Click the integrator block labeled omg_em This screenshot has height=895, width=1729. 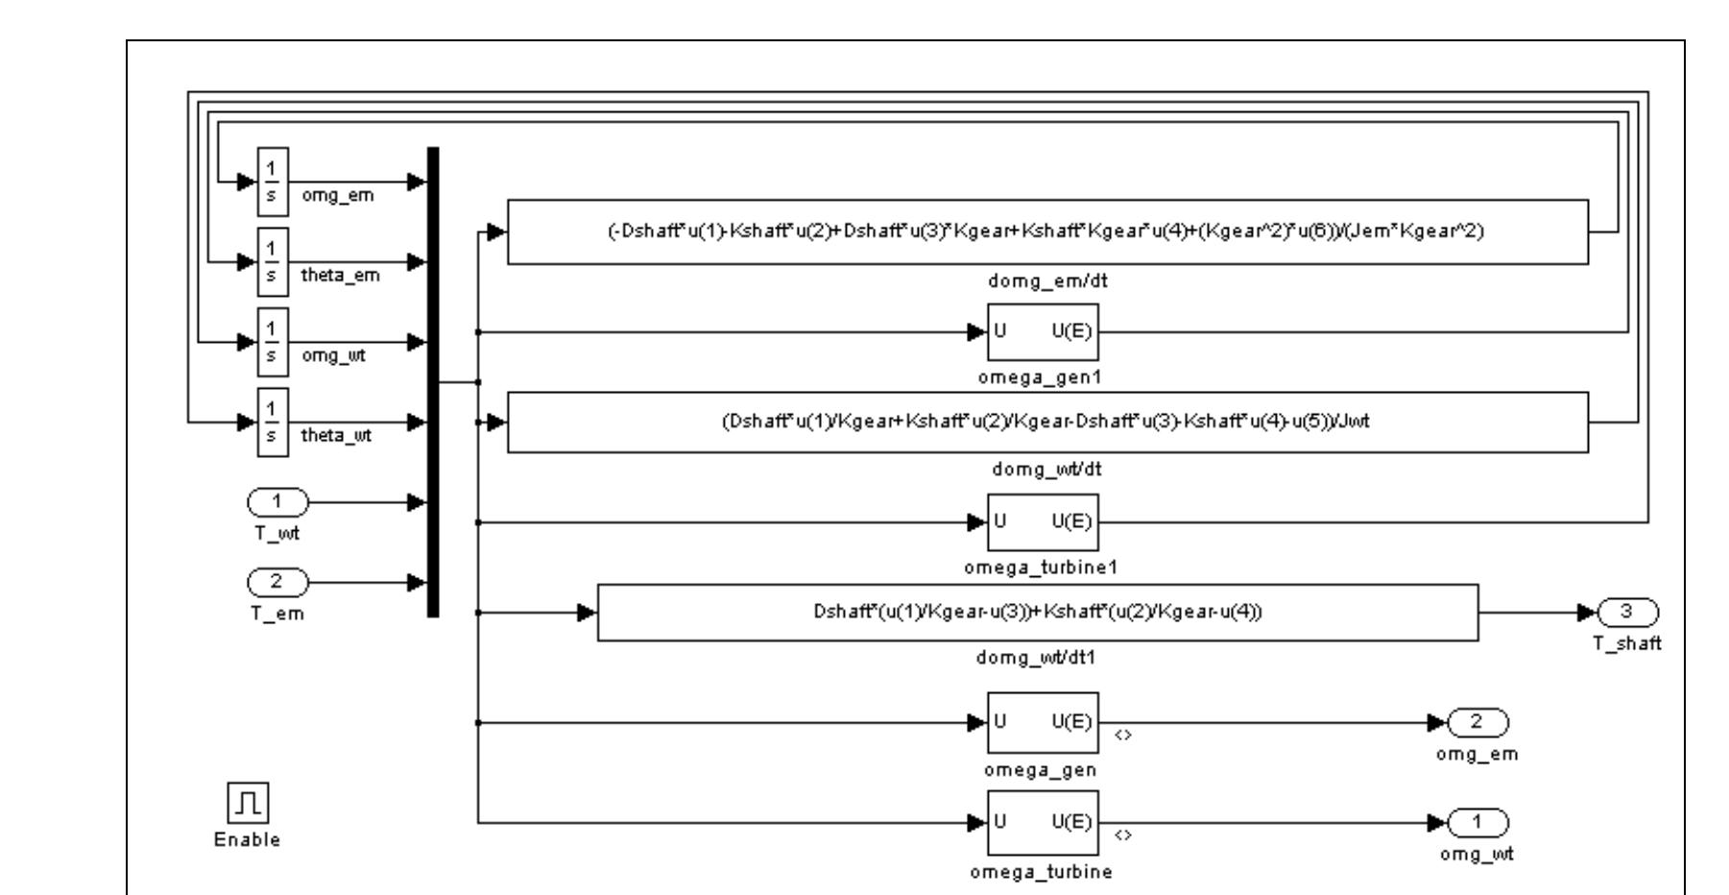click(x=273, y=182)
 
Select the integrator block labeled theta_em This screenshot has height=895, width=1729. click(x=273, y=262)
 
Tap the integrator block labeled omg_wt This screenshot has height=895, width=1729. click(x=273, y=342)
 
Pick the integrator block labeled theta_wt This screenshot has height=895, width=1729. click(x=273, y=423)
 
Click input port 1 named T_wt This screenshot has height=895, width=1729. click(x=278, y=501)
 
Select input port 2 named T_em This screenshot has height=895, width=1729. click(x=278, y=582)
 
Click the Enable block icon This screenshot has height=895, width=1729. click(x=248, y=803)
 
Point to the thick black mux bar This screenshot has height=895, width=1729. click(x=433, y=381)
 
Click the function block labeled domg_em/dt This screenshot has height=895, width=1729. click(x=1046, y=231)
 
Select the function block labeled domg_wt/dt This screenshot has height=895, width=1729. click(x=1046, y=422)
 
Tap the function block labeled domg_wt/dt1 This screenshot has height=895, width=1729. click(x=1037, y=612)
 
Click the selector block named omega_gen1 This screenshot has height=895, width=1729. click(x=1043, y=332)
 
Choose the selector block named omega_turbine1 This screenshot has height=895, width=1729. click(x=1043, y=522)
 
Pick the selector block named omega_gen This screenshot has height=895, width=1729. click(x=1043, y=722)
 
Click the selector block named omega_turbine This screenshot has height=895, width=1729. click(x=1043, y=822)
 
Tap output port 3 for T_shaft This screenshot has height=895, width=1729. click(x=1626, y=612)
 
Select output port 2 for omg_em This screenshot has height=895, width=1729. click(x=1477, y=722)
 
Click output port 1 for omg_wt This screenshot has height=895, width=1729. click(x=1477, y=822)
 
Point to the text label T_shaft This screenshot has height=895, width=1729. click(x=1626, y=643)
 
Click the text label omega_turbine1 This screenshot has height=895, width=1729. click(x=1041, y=568)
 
